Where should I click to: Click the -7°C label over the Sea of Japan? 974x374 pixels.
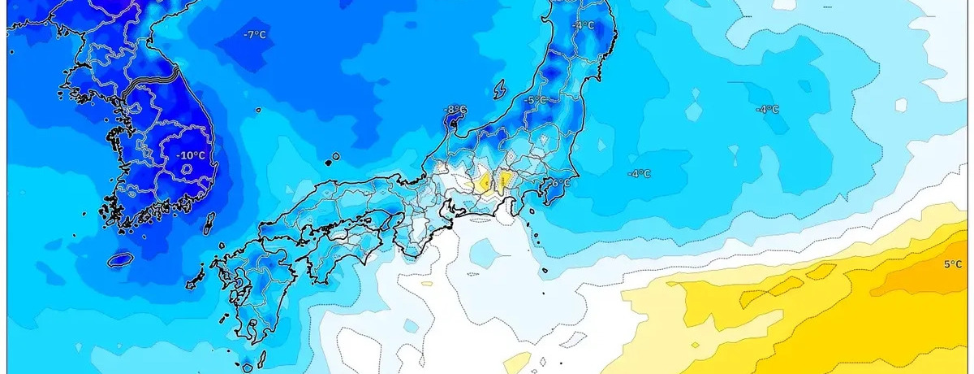point(254,34)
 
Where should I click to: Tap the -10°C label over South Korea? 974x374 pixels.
point(192,155)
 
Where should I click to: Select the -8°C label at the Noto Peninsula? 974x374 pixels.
point(455,109)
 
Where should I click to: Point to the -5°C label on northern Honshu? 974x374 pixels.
point(537,100)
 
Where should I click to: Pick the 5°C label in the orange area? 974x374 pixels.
point(953,263)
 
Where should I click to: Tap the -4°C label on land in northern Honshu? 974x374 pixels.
point(582,25)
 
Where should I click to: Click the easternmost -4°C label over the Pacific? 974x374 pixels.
point(767,109)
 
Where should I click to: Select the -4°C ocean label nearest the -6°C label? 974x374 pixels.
point(640,173)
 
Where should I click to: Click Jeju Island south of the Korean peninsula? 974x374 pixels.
point(120,259)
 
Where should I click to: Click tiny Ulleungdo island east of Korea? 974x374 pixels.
point(333,158)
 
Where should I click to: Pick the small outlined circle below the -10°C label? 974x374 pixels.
point(187,169)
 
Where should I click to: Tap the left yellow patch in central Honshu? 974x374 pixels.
point(483,180)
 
